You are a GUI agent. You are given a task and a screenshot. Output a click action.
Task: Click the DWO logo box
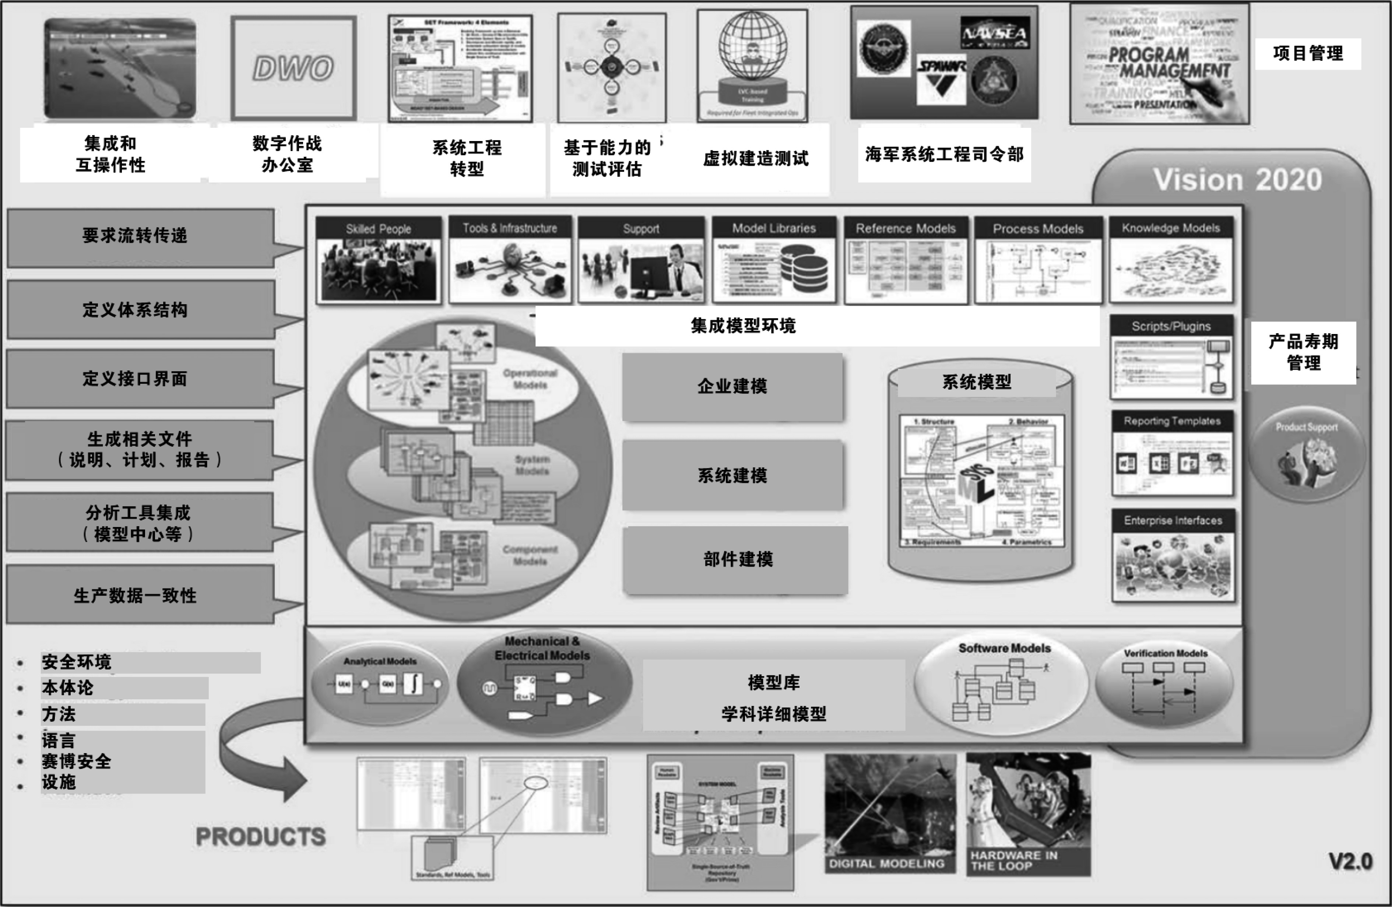(293, 68)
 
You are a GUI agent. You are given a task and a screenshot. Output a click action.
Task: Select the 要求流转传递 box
(136, 236)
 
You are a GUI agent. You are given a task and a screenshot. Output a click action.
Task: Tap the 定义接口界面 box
(136, 379)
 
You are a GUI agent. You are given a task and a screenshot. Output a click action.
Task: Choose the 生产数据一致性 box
(136, 596)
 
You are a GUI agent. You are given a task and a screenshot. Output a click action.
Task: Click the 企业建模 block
(732, 387)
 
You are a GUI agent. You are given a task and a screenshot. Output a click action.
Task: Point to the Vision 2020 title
(1237, 180)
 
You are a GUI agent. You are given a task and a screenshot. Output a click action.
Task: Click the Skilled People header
(379, 229)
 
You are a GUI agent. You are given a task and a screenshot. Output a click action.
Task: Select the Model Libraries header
(774, 228)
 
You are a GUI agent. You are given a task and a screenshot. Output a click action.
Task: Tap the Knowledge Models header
(1171, 228)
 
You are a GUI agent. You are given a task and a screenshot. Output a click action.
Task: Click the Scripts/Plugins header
(1171, 326)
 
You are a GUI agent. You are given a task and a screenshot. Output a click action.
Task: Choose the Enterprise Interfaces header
(1173, 520)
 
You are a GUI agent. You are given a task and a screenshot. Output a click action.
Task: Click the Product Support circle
(1307, 455)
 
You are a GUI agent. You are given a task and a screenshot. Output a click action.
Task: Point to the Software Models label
(1004, 648)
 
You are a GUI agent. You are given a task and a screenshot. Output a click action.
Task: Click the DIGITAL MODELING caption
(887, 863)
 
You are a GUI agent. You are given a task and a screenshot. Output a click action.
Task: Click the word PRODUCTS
(261, 836)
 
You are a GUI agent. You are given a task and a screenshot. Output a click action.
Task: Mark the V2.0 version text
(1350, 861)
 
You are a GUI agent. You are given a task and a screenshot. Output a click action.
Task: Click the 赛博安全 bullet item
(77, 762)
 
